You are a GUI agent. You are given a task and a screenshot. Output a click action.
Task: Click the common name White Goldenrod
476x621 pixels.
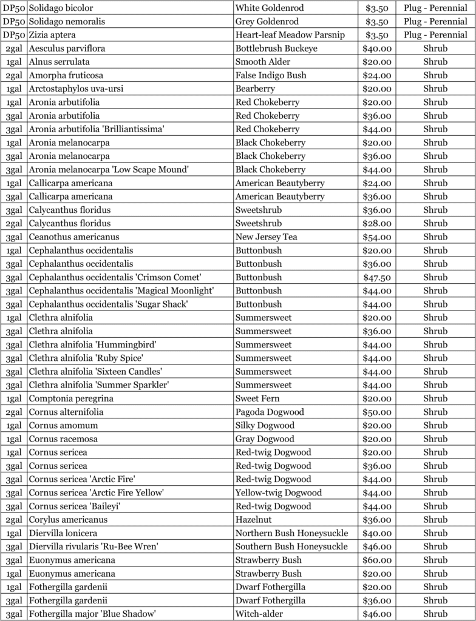(x=270, y=8)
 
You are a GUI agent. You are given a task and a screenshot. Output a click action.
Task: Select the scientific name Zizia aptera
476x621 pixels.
(x=52, y=35)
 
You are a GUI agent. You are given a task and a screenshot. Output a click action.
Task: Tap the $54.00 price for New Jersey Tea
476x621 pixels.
(x=376, y=237)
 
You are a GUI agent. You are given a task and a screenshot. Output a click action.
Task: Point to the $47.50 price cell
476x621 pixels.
(x=376, y=277)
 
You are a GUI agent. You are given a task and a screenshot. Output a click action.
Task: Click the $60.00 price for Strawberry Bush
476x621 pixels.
(x=376, y=560)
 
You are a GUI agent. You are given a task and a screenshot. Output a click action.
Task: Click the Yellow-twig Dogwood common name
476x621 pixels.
(x=279, y=492)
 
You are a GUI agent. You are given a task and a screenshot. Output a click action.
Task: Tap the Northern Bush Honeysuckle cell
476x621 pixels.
(x=292, y=533)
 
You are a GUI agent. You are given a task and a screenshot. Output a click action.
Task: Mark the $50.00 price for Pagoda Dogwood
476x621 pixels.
(x=376, y=412)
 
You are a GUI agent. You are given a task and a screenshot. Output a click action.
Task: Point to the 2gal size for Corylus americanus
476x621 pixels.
(x=14, y=519)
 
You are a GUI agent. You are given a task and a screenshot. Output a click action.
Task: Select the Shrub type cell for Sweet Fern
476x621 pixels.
(x=435, y=398)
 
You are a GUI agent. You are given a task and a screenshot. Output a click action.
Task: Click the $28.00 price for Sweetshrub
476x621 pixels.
(x=376, y=223)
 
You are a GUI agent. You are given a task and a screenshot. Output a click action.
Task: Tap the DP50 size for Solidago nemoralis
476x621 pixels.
(x=14, y=22)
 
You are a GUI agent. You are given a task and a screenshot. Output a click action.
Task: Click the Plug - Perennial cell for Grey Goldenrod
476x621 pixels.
(x=435, y=22)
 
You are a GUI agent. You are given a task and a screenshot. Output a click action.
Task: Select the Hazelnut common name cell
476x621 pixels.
(x=254, y=519)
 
